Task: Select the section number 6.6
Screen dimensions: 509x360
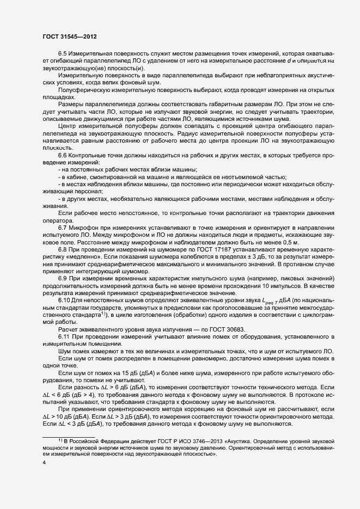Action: click(63, 156)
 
